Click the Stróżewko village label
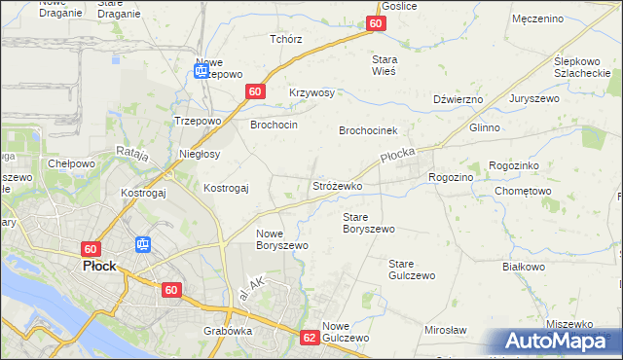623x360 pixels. pos(337,185)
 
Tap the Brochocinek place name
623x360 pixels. pos(369,130)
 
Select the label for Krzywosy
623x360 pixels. pos(311,92)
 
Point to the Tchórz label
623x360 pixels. pos(285,40)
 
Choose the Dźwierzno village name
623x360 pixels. pos(458,99)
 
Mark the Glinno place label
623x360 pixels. pos(484,127)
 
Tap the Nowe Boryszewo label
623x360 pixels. pos(282,239)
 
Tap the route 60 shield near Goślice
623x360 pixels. pos(377,24)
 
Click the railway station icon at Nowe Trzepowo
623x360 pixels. pos(202,70)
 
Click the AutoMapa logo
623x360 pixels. pos(557,341)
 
